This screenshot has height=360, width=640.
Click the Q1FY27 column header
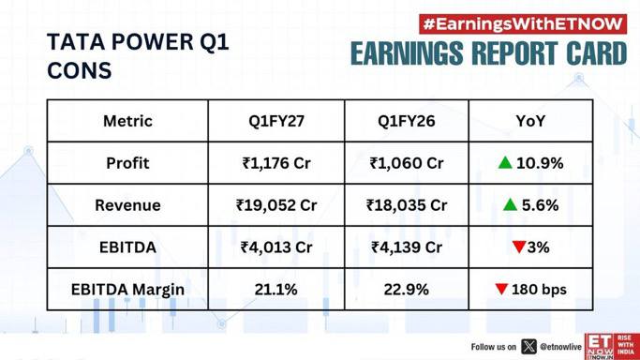(276, 121)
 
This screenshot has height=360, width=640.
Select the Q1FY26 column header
(407, 121)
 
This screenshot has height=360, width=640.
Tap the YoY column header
(530, 121)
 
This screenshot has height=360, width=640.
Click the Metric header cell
(127, 121)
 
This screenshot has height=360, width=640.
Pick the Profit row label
(127, 163)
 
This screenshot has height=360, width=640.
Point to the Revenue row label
(127, 205)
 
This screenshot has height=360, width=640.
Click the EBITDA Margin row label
(127, 290)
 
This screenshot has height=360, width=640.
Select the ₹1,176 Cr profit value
(276, 163)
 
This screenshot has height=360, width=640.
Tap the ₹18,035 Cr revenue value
(407, 205)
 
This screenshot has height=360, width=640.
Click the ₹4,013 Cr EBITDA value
(276, 247)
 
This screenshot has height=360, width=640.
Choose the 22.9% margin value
(407, 290)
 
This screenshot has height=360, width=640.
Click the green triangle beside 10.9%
(505, 163)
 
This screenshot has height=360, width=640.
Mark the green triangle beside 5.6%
(510, 204)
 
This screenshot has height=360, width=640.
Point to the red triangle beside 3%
(519, 247)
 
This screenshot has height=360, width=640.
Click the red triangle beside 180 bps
(501, 289)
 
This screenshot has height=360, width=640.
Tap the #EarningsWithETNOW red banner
(523, 24)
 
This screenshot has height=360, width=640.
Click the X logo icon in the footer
(528, 347)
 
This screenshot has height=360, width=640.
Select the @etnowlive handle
(560, 347)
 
